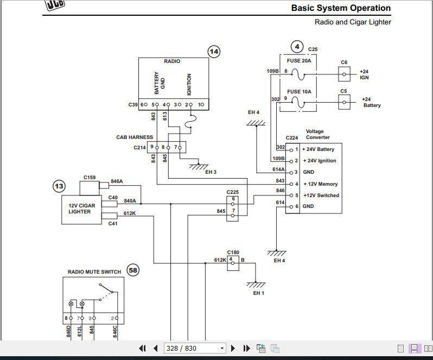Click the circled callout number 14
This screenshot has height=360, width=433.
tap(214, 52)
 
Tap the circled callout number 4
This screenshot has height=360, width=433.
tap(296, 46)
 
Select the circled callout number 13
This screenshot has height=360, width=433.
tap(59, 186)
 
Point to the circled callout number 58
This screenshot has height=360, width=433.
tap(132, 269)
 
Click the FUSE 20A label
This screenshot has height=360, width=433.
tap(299, 61)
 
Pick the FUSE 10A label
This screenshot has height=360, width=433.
tap(299, 91)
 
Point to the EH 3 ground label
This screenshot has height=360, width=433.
tap(211, 172)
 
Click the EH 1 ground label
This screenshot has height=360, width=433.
tap(258, 293)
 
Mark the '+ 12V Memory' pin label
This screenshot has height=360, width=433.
tap(321, 184)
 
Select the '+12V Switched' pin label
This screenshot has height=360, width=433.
tap(321, 195)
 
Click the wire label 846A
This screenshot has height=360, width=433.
tap(117, 181)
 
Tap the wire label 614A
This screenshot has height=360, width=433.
tap(278, 169)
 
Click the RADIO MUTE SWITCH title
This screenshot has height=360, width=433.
tap(94, 271)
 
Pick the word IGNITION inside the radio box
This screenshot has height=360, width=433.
tap(189, 85)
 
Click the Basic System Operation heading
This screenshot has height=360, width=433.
tap(341, 8)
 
